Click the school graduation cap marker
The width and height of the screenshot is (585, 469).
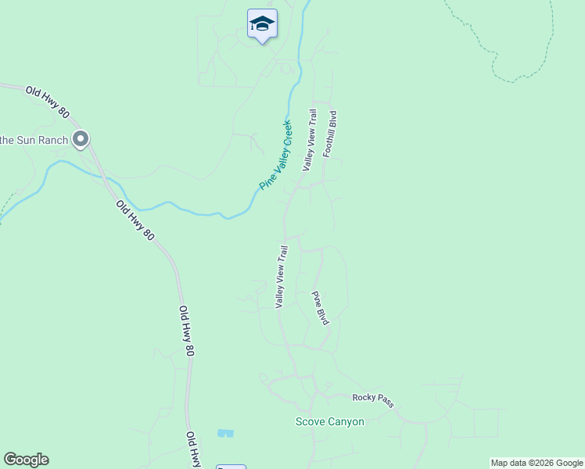point(262,24)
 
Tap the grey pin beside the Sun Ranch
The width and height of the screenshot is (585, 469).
point(81,140)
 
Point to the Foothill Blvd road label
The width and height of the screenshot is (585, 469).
point(329,134)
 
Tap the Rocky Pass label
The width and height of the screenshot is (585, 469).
point(373,399)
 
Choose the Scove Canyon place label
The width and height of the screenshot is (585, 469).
point(329,421)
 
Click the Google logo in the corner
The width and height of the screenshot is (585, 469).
point(26,460)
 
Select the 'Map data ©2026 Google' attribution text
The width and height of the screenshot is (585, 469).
point(537,463)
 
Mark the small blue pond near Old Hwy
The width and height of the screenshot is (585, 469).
point(225,432)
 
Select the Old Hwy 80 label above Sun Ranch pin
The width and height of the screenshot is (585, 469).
point(48,102)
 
